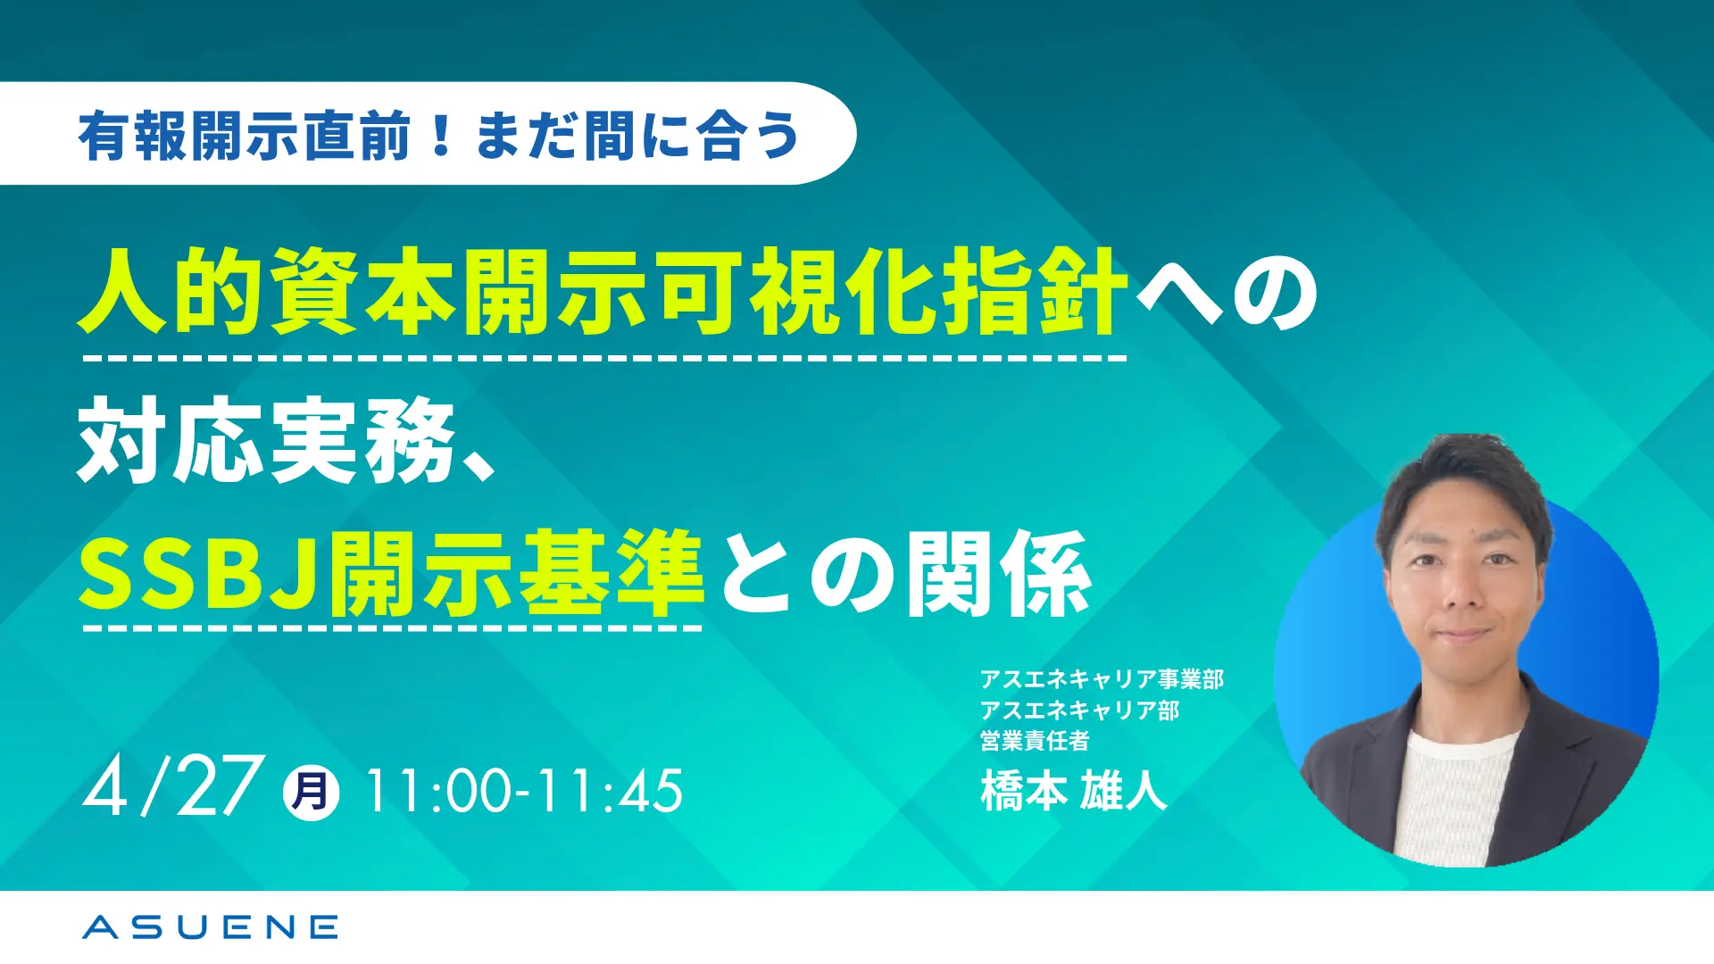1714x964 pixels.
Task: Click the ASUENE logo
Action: (x=210, y=927)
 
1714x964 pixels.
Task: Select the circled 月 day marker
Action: (x=311, y=792)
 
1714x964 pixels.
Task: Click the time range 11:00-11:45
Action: (x=524, y=791)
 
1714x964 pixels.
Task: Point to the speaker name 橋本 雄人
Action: (x=1074, y=790)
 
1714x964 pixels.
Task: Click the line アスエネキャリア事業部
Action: (x=1102, y=679)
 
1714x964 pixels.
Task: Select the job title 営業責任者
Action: (x=1035, y=740)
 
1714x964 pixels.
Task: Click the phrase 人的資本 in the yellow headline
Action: (x=267, y=292)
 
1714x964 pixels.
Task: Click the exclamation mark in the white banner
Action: (x=440, y=135)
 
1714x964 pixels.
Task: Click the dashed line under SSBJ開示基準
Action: (x=392, y=628)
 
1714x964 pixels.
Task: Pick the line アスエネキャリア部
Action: (x=1079, y=710)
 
